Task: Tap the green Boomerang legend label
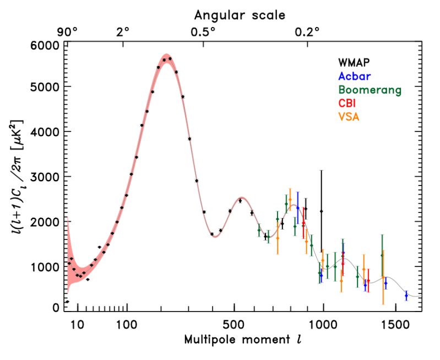pyautogui.click(x=370, y=90)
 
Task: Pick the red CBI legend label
pyautogui.click(x=347, y=103)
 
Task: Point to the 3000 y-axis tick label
pyautogui.click(x=45, y=177)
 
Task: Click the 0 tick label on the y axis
pyautogui.click(x=55, y=308)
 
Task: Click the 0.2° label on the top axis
pyautogui.click(x=307, y=31)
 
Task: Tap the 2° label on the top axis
pyautogui.click(x=122, y=31)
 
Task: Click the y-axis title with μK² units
pyautogui.click(x=18, y=176)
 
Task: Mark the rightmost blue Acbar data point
pyautogui.click(x=406, y=296)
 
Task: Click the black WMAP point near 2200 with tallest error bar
pyautogui.click(x=322, y=211)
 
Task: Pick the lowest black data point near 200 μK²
pyautogui.click(x=67, y=302)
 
